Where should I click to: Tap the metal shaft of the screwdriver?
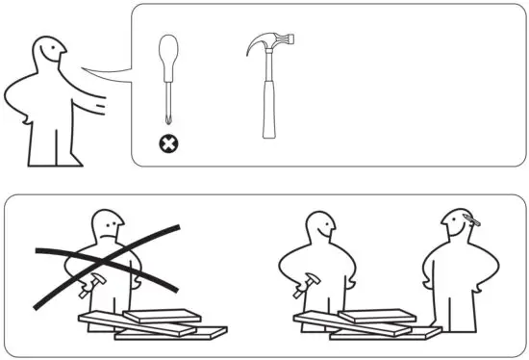click(170, 106)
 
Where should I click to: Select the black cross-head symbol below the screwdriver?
click(170, 145)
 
